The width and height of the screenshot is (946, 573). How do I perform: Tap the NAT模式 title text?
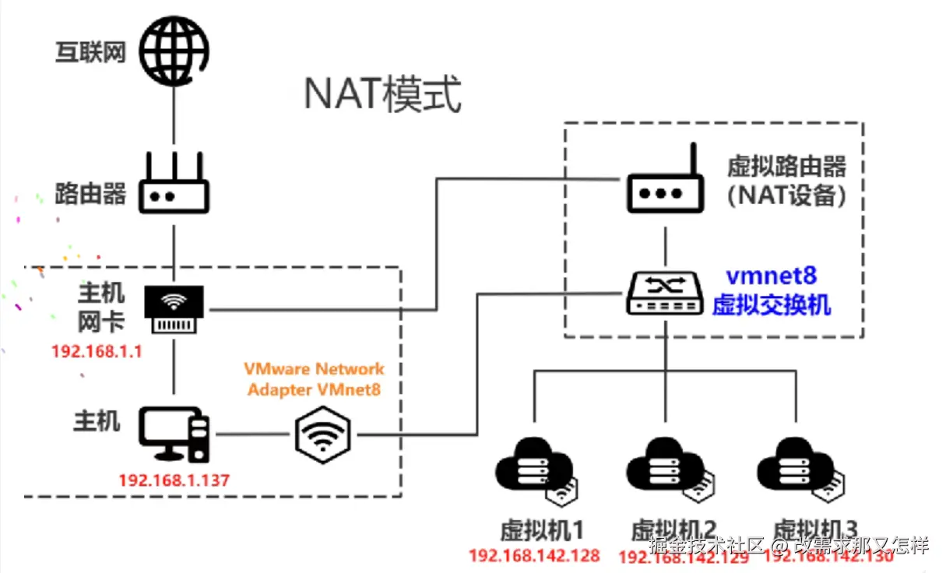[382, 96]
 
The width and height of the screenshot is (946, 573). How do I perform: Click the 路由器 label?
[90, 193]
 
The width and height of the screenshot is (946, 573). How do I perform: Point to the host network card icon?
[174, 309]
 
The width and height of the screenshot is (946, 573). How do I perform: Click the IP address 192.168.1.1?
[97, 351]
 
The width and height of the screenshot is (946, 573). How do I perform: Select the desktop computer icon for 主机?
[174, 434]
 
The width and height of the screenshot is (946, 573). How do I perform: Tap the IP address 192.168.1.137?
[174, 480]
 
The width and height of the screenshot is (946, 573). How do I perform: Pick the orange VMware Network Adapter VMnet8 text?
[315, 378]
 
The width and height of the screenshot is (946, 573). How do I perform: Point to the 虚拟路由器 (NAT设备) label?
[786, 181]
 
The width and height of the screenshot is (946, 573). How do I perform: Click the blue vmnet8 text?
[771, 276]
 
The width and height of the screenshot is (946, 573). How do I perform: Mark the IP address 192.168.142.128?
[534, 555]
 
